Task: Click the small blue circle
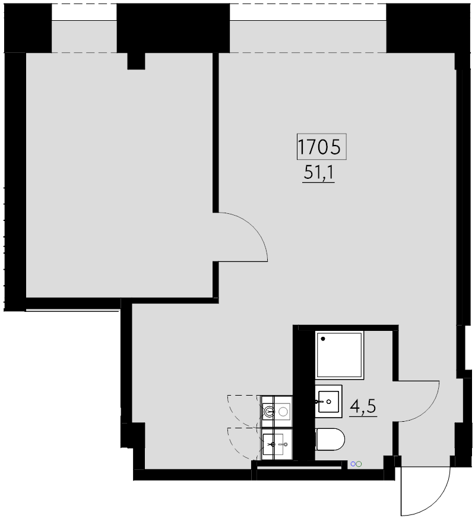(353, 465)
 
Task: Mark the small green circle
(359, 465)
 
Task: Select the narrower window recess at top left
(83, 37)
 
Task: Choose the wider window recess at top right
(308, 37)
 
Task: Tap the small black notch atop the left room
(136, 61)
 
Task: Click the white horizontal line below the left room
(73, 309)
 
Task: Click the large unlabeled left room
(119, 178)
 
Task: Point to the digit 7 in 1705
(312, 147)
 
